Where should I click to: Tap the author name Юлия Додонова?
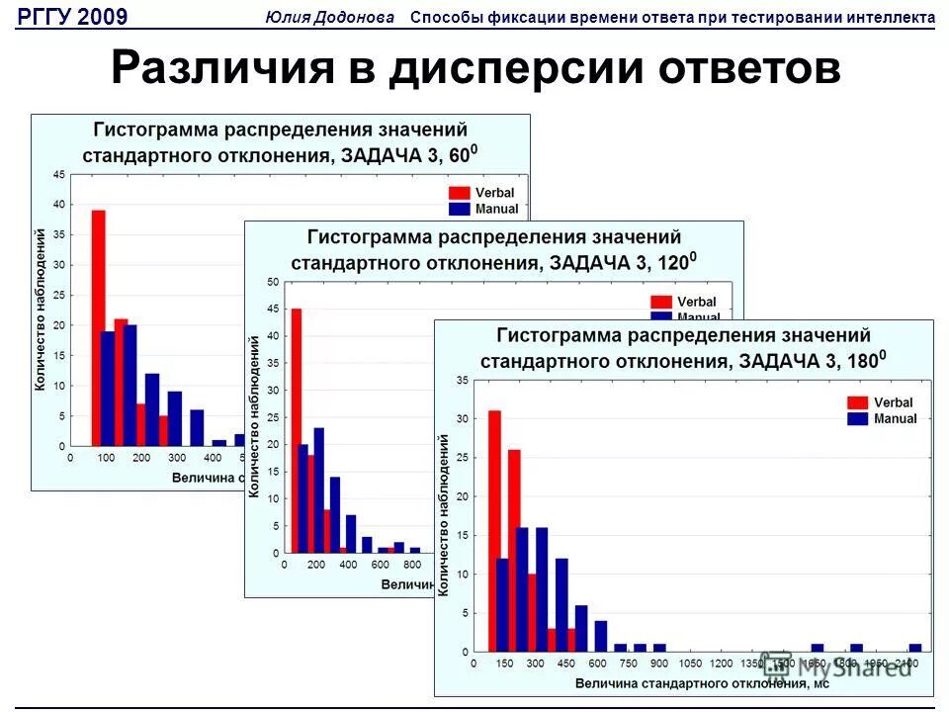(x=330, y=17)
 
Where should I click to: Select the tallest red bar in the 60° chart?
(x=99, y=326)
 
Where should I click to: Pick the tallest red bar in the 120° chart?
(x=297, y=430)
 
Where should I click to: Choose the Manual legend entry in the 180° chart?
(x=882, y=418)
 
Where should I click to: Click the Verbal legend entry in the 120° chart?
(x=684, y=302)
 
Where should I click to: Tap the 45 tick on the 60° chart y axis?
(x=59, y=175)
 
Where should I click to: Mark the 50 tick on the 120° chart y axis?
(x=273, y=283)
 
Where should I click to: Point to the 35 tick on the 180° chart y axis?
(x=462, y=381)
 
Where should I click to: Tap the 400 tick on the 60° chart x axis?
(x=213, y=458)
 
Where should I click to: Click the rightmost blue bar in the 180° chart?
(x=915, y=648)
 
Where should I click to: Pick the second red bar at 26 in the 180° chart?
(x=514, y=550)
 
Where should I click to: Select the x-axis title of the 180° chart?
(x=702, y=682)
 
